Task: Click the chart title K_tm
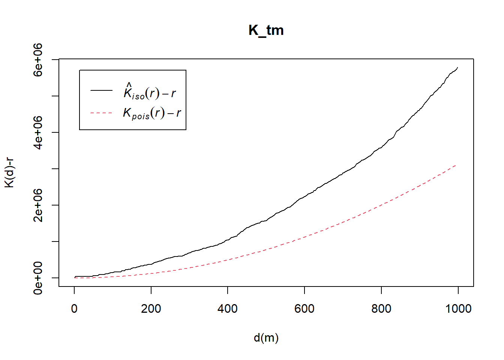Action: click(x=266, y=30)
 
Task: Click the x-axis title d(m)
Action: click(x=266, y=338)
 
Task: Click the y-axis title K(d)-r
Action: click(x=9, y=172)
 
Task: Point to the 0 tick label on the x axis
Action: click(x=74, y=309)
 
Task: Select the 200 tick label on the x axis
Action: click(x=151, y=309)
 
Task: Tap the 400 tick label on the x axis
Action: click(x=228, y=309)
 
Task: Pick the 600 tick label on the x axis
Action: click(x=304, y=309)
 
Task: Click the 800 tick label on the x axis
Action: click(x=381, y=309)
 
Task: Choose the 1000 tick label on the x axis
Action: click(x=458, y=309)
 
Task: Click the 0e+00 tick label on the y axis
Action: click(x=38, y=278)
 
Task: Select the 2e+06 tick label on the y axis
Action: click(x=38, y=205)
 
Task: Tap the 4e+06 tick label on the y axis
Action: click(x=38, y=132)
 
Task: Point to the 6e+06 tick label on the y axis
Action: click(x=38, y=60)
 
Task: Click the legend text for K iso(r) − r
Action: click(x=150, y=91)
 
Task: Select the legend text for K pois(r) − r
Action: click(x=152, y=113)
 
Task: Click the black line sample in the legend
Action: click(x=101, y=90)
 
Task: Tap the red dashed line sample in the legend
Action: click(x=101, y=112)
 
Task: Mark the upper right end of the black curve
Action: click(x=457, y=67)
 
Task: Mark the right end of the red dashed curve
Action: click(x=456, y=165)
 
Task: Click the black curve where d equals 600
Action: click(x=304, y=197)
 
